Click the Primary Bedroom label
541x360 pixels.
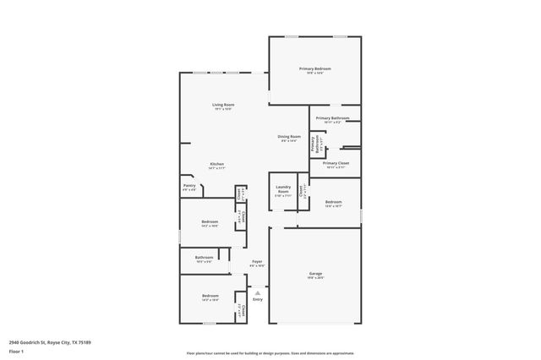(x=314, y=68)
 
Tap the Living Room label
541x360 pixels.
(x=223, y=105)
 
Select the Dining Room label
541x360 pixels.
(x=289, y=136)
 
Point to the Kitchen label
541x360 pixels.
(x=217, y=165)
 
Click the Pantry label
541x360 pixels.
(x=189, y=187)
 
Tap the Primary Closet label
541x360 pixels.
(x=336, y=163)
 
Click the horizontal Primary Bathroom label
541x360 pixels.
(x=333, y=118)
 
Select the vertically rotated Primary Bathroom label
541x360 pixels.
(x=313, y=145)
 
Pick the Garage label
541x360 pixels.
(x=314, y=274)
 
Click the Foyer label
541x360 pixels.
(x=257, y=262)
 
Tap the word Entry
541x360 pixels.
(x=257, y=299)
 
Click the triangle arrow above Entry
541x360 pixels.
(x=257, y=292)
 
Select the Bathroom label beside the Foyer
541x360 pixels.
(x=204, y=258)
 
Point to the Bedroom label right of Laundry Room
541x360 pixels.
(x=334, y=202)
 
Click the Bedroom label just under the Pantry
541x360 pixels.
(x=210, y=222)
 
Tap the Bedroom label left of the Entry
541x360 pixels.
(x=210, y=296)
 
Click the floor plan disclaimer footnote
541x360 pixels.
(x=270, y=353)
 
